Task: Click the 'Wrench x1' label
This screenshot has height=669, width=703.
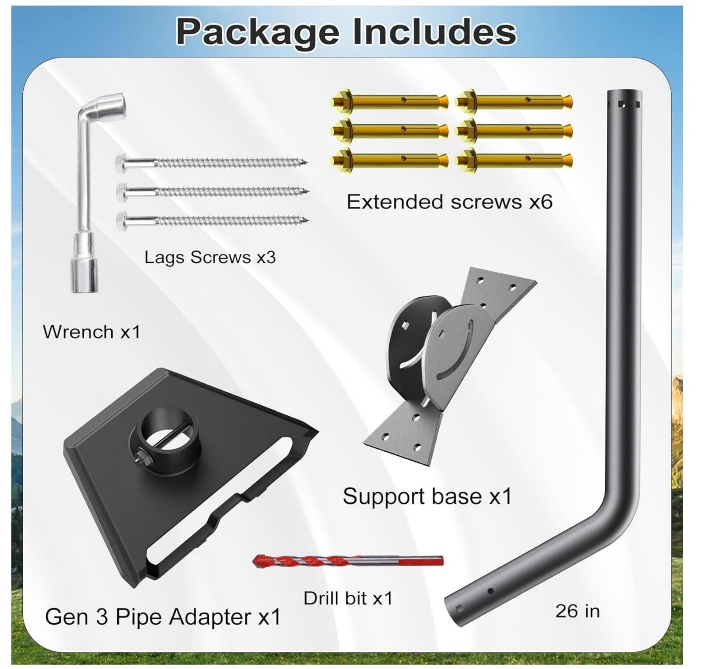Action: [91, 332]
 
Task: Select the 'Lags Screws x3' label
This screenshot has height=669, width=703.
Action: [210, 257]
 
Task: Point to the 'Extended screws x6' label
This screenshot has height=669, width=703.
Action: [449, 202]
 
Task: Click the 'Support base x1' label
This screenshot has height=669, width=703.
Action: [427, 497]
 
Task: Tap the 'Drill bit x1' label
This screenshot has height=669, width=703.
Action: [348, 598]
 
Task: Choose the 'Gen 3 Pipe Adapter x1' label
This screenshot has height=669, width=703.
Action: [163, 617]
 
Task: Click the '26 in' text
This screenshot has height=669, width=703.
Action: [577, 611]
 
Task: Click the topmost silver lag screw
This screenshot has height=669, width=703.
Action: [211, 162]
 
